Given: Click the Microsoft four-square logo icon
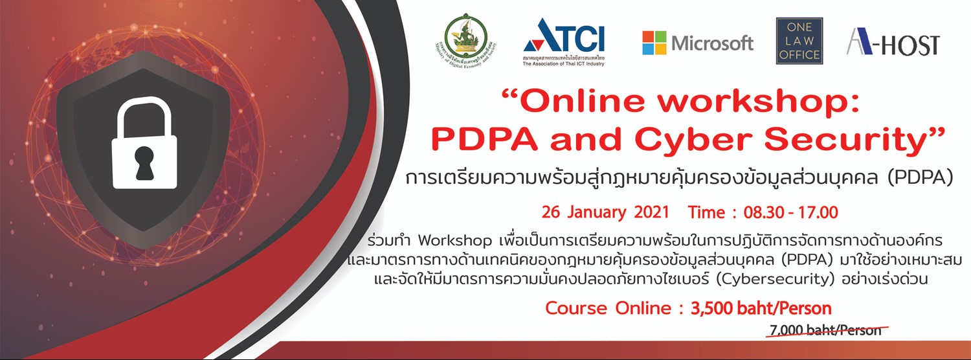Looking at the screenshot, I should coord(654,43).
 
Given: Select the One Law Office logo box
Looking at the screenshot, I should coord(799,41).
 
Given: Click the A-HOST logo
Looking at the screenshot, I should coord(893,44).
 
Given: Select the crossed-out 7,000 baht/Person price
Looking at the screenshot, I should coord(825,330).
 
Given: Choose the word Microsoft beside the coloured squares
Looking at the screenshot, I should coord(713,43).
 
